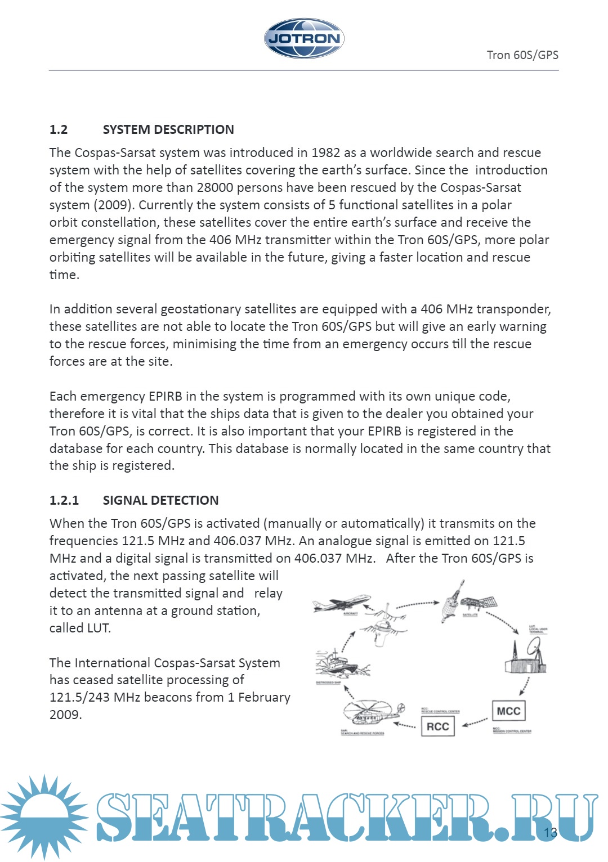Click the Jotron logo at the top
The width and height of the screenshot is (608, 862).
(x=304, y=38)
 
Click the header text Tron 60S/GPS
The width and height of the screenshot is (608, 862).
(x=522, y=55)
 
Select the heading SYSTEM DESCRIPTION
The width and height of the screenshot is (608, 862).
(x=168, y=129)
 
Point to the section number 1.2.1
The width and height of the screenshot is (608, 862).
(x=64, y=500)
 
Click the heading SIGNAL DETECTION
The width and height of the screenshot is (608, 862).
(x=160, y=500)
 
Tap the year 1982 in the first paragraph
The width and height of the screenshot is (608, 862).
(x=325, y=152)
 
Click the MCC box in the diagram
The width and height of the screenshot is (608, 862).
(x=508, y=711)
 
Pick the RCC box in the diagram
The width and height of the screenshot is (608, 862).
(x=437, y=726)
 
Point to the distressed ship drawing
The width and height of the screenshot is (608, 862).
(x=336, y=664)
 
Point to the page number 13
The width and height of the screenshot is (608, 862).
(x=550, y=833)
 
